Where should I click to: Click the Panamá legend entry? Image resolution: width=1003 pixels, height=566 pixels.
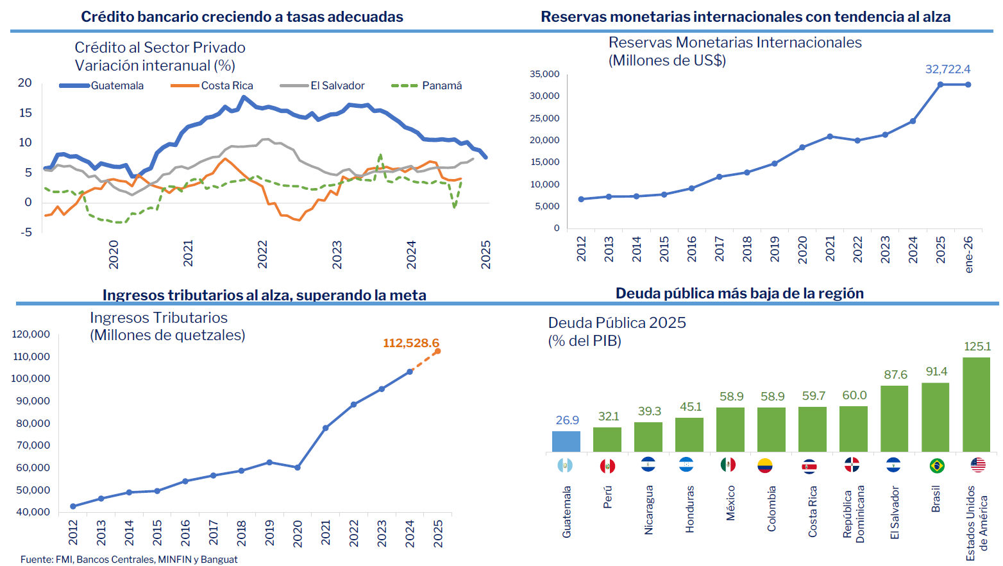427,86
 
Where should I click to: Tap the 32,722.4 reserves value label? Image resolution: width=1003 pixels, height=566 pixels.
947,69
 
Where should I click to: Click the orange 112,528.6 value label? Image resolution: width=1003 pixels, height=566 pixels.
410,343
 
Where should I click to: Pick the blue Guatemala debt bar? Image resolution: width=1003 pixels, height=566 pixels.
566,442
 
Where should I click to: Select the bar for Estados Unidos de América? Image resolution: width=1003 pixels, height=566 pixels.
976,404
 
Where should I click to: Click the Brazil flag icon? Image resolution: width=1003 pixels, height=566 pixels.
936,465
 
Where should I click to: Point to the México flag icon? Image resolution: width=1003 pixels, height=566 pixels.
728,465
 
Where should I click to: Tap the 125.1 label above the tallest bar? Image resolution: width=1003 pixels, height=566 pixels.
977,347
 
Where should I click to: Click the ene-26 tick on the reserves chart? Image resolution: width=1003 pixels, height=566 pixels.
968,254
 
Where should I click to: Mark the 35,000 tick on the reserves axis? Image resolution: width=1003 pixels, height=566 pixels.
544,74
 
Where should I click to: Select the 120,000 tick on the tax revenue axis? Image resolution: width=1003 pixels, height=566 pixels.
31,334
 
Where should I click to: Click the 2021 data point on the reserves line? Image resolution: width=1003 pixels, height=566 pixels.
830,137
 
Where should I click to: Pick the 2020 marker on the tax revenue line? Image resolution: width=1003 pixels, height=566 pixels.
298,468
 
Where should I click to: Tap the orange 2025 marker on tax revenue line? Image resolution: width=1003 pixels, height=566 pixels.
438,351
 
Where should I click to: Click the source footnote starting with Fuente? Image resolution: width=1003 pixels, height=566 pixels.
129,560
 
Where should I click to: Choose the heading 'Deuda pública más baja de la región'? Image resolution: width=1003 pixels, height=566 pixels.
739,294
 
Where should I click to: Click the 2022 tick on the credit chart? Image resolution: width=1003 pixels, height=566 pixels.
262,255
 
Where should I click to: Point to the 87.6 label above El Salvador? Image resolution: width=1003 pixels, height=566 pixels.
895,375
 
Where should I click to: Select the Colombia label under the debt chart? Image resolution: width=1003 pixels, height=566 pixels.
771,508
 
